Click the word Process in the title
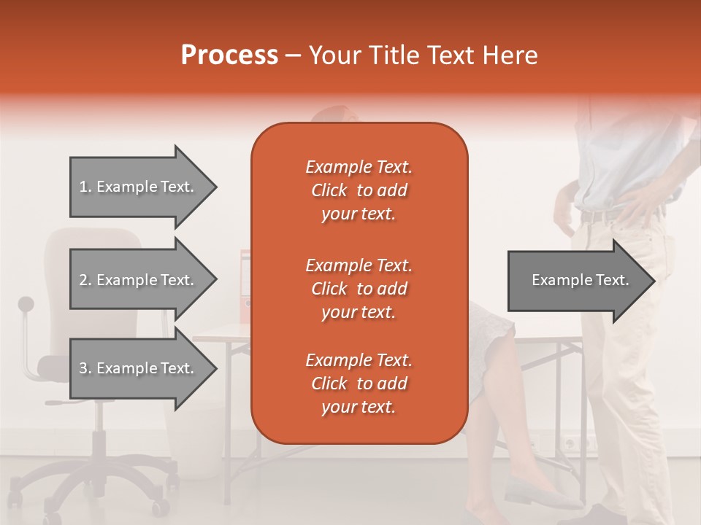click(x=229, y=55)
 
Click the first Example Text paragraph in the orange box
click(x=359, y=190)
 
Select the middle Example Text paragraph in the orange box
click(x=359, y=288)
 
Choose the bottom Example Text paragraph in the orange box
click(x=359, y=384)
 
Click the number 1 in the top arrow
click(x=84, y=187)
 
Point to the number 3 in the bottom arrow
click(x=84, y=368)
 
